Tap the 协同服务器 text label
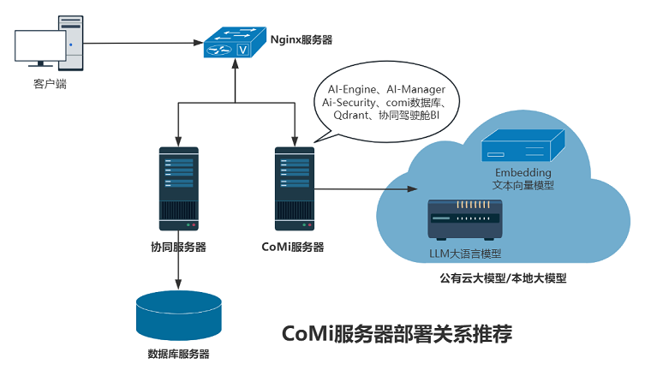[x=178, y=248]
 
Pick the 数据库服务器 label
[x=178, y=354]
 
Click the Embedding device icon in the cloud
[x=521, y=145]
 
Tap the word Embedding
[x=523, y=172]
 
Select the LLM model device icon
[x=464, y=221]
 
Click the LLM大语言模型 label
[x=464, y=254]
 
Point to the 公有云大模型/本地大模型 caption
[x=503, y=278]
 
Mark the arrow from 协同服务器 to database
[x=178, y=272]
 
